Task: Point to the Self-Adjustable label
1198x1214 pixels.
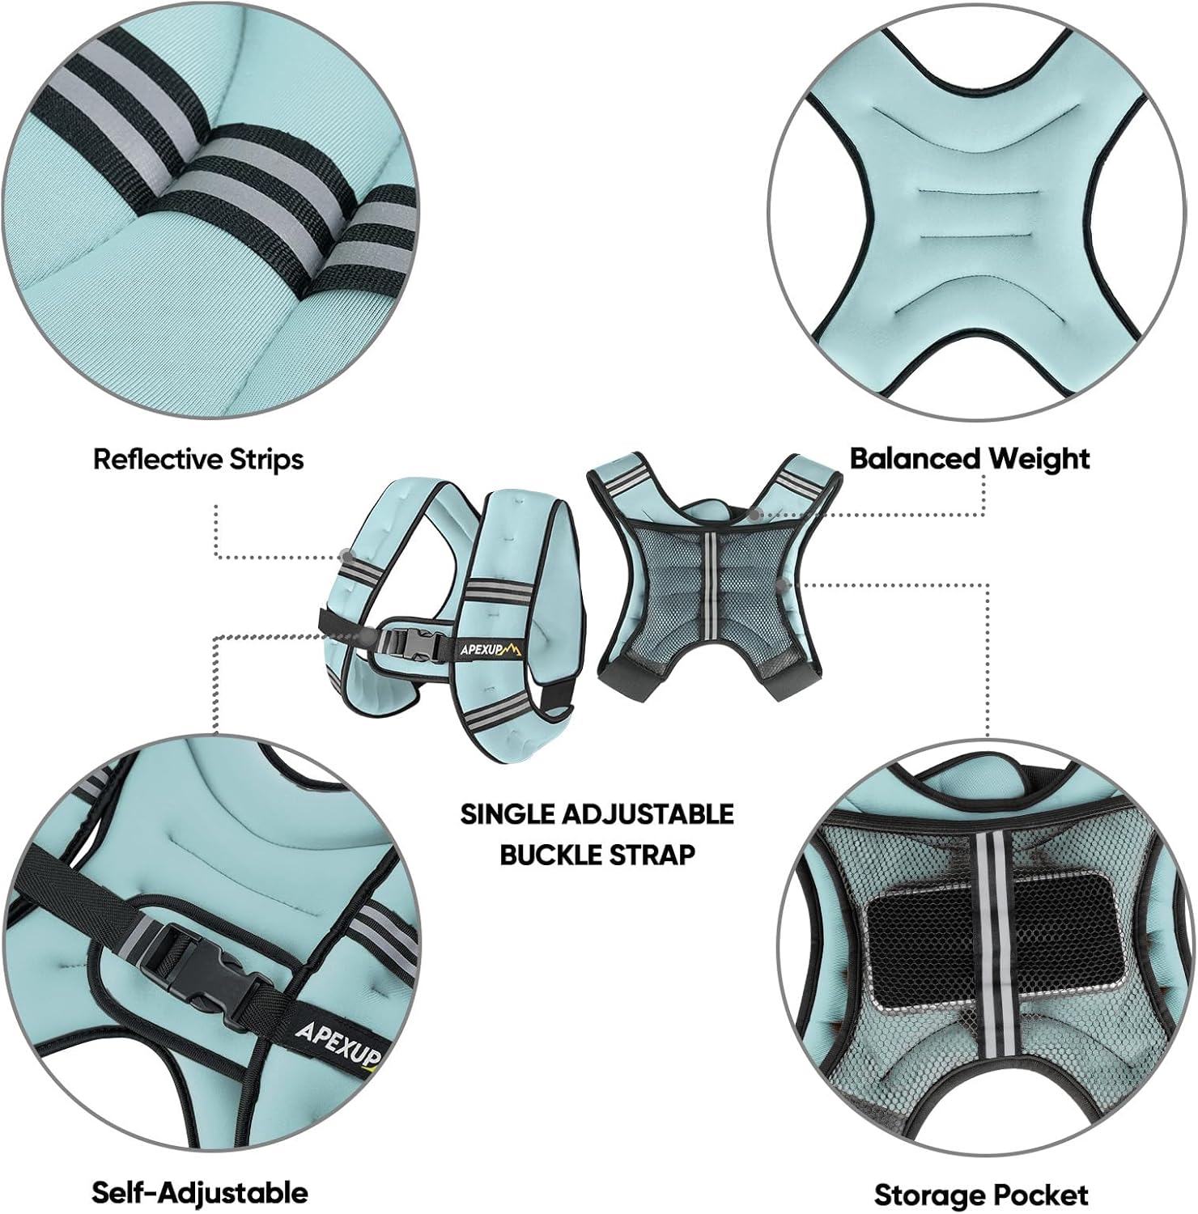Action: [x=200, y=1192]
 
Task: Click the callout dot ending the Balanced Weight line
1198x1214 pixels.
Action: [x=754, y=512]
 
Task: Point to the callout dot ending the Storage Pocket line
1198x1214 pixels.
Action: [x=782, y=582]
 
